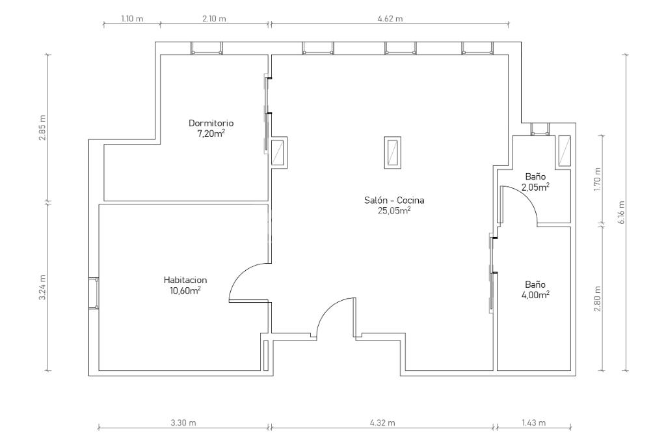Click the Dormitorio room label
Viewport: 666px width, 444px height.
(211, 123)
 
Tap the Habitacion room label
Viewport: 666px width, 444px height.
(185, 280)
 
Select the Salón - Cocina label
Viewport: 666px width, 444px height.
(394, 201)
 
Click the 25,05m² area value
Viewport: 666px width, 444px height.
(394, 210)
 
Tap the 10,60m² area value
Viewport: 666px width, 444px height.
(185, 290)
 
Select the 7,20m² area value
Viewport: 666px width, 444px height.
(211, 133)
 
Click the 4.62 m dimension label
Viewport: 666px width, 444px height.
(390, 19)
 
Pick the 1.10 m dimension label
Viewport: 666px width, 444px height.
(132, 19)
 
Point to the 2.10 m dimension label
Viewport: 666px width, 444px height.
(214, 19)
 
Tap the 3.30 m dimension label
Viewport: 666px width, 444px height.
(183, 423)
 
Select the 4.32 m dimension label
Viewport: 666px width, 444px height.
(382, 423)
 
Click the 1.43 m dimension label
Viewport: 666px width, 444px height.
(533, 423)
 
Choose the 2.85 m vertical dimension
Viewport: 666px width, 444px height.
(43, 128)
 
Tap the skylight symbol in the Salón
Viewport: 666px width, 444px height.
(392, 152)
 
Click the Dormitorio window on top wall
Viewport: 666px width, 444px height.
(206, 48)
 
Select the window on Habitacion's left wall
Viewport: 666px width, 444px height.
(94, 293)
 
